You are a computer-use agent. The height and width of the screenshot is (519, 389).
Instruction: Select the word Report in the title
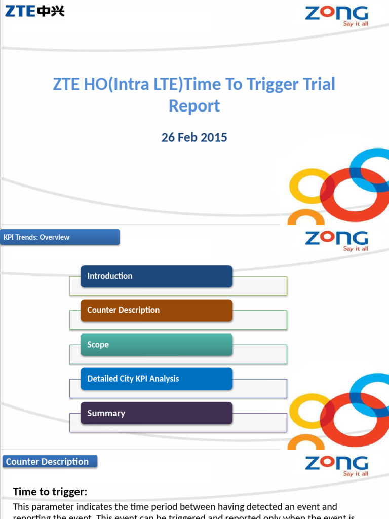point(194,106)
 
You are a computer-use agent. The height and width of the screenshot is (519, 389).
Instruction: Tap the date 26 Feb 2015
point(194,137)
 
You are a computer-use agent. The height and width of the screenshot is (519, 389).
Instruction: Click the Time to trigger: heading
point(50,492)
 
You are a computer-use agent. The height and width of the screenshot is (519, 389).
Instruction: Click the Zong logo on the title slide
point(336,15)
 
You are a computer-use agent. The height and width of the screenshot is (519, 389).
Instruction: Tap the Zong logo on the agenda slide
point(336,240)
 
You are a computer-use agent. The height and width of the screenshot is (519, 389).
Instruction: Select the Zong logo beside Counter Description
point(336,465)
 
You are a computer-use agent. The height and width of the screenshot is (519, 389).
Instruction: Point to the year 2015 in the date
point(215,137)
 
